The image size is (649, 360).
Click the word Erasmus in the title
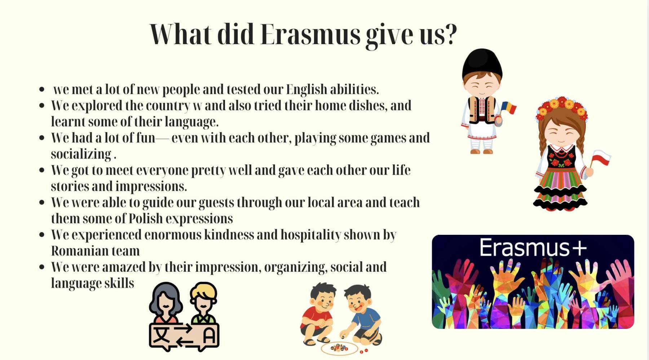pos(310,35)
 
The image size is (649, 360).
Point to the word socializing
pos(81,154)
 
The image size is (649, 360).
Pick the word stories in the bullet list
pos(70,186)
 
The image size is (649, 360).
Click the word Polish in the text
pos(146,218)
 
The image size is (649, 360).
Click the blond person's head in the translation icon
pos(203,297)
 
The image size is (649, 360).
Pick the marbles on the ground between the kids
pos(339,348)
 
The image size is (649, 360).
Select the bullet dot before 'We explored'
pos(42,106)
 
